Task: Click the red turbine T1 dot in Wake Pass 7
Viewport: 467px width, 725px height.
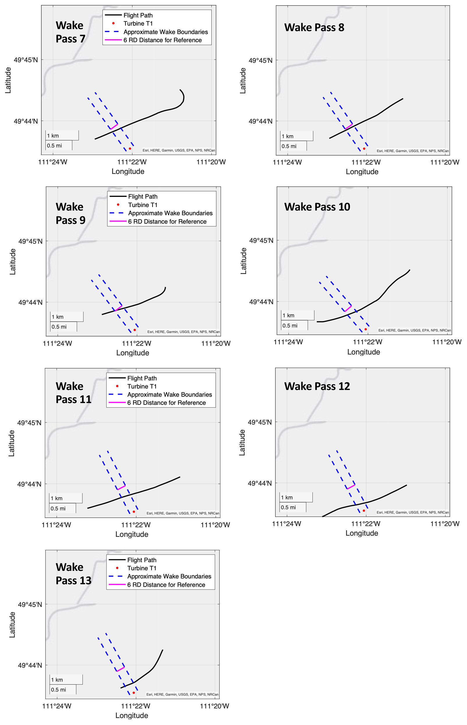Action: pos(130,148)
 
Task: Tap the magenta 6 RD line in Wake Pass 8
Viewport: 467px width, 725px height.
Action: pos(349,127)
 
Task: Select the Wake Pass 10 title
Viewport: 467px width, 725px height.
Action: pos(317,207)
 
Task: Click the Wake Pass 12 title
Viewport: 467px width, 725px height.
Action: pos(317,386)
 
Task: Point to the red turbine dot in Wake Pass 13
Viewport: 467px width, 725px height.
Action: pos(134,693)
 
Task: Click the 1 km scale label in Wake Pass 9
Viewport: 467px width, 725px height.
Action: pos(58,317)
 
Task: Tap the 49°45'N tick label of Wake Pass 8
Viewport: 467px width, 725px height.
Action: pos(261,60)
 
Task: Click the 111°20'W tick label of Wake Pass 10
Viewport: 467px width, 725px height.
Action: pos(446,342)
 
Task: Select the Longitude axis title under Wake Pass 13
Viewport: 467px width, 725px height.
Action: pos(132,715)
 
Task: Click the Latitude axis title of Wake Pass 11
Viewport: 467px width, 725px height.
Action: pos(12,443)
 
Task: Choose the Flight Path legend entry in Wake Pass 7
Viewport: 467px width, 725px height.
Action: pos(138,15)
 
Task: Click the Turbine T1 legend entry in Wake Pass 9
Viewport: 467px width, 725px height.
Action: pos(143,205)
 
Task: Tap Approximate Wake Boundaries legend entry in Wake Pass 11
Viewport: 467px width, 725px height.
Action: pos(169,395)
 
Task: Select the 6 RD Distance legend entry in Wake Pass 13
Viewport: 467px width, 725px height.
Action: pos(166,585)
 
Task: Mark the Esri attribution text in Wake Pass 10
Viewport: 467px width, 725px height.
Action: pos(414,330)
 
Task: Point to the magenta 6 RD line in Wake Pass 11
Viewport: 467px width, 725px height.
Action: pos(121,487)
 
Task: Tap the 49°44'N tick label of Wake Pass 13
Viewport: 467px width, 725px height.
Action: pos(30,665)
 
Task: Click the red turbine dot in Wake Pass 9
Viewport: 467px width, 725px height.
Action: pos(135,330)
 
